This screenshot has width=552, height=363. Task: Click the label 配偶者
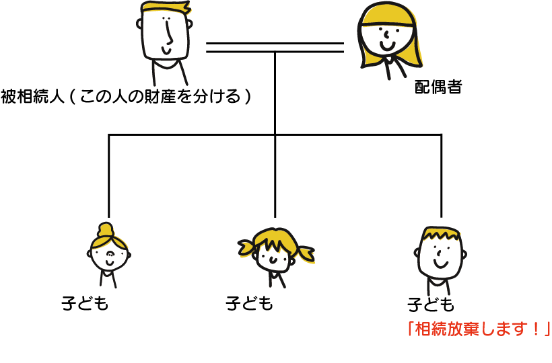point(438,88)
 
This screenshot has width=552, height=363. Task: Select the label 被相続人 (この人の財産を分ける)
point(126,97)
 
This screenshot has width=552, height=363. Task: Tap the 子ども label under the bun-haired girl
point(85,305)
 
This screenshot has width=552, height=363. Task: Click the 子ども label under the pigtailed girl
point(250,304)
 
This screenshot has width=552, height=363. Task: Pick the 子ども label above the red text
point(431,305)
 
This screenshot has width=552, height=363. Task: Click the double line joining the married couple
point(275,47)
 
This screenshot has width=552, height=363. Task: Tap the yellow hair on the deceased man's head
point(165,9)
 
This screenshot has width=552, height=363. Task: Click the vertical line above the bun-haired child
point(108,175)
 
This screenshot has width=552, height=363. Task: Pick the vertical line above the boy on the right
point(442,175)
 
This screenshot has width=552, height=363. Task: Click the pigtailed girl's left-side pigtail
point(245,248)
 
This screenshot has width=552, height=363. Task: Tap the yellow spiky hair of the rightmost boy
point(441,233)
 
